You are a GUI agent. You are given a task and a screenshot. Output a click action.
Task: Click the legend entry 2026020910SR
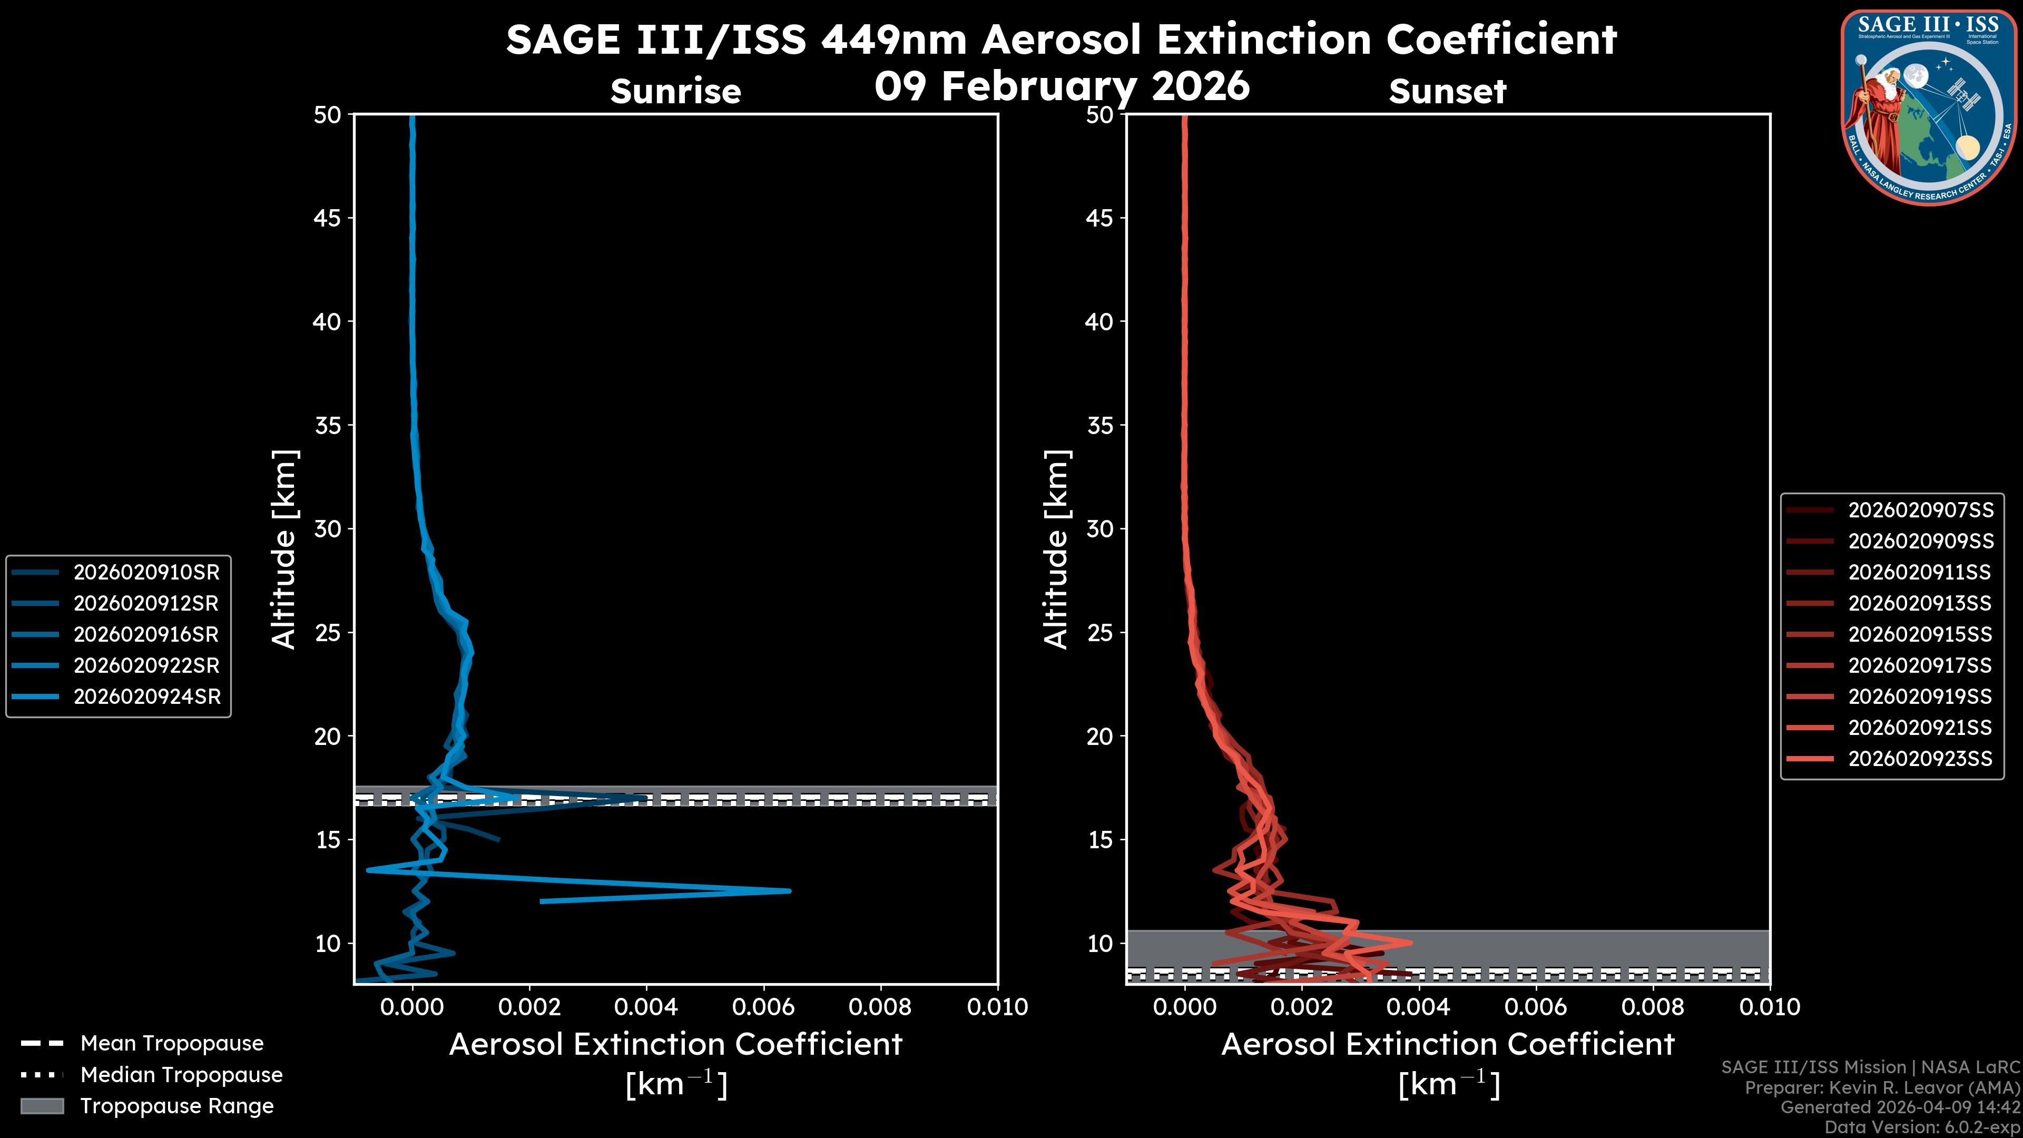point(146,572)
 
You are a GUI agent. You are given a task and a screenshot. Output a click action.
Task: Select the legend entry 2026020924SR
point(146,696)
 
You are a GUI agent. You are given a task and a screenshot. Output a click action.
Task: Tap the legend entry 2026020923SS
point(1920,759)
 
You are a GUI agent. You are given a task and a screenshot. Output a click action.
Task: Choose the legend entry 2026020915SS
point(1920,634)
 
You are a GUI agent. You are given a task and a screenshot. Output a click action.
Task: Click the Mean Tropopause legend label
point(172,1043)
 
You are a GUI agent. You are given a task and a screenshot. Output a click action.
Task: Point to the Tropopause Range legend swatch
point(42,1106)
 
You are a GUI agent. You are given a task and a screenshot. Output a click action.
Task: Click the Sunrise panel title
point(675,91)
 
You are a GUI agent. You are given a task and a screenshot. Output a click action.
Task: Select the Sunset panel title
point(1447,91)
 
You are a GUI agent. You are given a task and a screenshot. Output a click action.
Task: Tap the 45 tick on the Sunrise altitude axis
point(328,218)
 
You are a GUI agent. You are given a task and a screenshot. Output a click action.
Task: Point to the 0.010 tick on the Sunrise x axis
point(997,1007)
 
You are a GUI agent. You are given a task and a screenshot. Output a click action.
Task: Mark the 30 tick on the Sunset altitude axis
point(1100,528)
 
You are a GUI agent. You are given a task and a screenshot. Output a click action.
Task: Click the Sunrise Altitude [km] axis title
point(284,549)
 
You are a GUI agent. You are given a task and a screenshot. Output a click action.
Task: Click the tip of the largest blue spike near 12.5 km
point(789,890)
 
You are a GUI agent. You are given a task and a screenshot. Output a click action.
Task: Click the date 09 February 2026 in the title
point(1062,85)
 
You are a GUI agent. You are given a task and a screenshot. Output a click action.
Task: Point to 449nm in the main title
point(895,40)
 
